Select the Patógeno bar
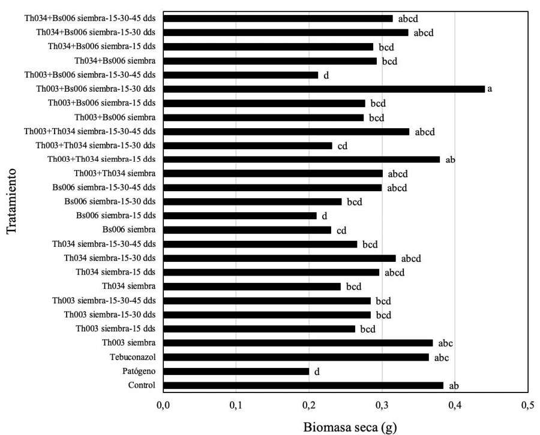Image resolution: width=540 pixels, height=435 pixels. (236, 371)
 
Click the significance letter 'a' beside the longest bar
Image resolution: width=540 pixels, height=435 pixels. (490, 89)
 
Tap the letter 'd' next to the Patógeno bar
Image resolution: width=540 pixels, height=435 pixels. (317, 371)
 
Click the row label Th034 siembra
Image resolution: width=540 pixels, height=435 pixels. (129, 286)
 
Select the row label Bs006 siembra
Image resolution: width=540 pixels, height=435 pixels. (129, 230)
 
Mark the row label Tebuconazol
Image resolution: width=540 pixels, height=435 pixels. (132, 357)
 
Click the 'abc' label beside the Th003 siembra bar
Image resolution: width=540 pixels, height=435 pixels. (445, 343)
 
